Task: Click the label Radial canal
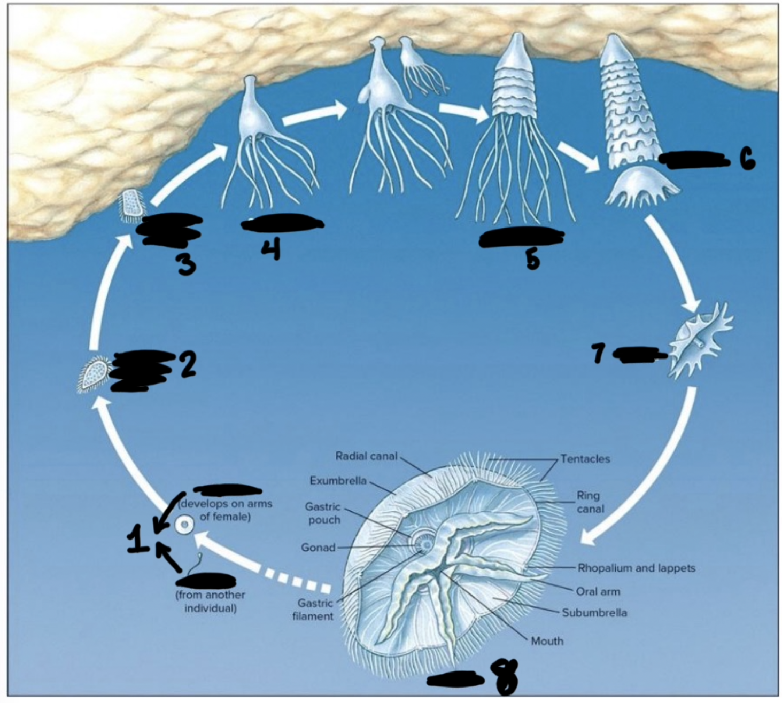[x=366, y=456]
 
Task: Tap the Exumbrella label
[x=338, y=481]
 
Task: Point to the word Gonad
[x=318, y=548]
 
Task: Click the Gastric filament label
[x=315, y=610]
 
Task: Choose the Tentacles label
[x=585, y=459]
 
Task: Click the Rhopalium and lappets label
[x=636, y=568]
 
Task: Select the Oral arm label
[x=598, y=592]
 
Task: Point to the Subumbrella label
[x=594, y=613]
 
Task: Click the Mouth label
[x=547, y=640]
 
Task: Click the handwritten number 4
[x=271, y=249]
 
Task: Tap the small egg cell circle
[x=184, y=526]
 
